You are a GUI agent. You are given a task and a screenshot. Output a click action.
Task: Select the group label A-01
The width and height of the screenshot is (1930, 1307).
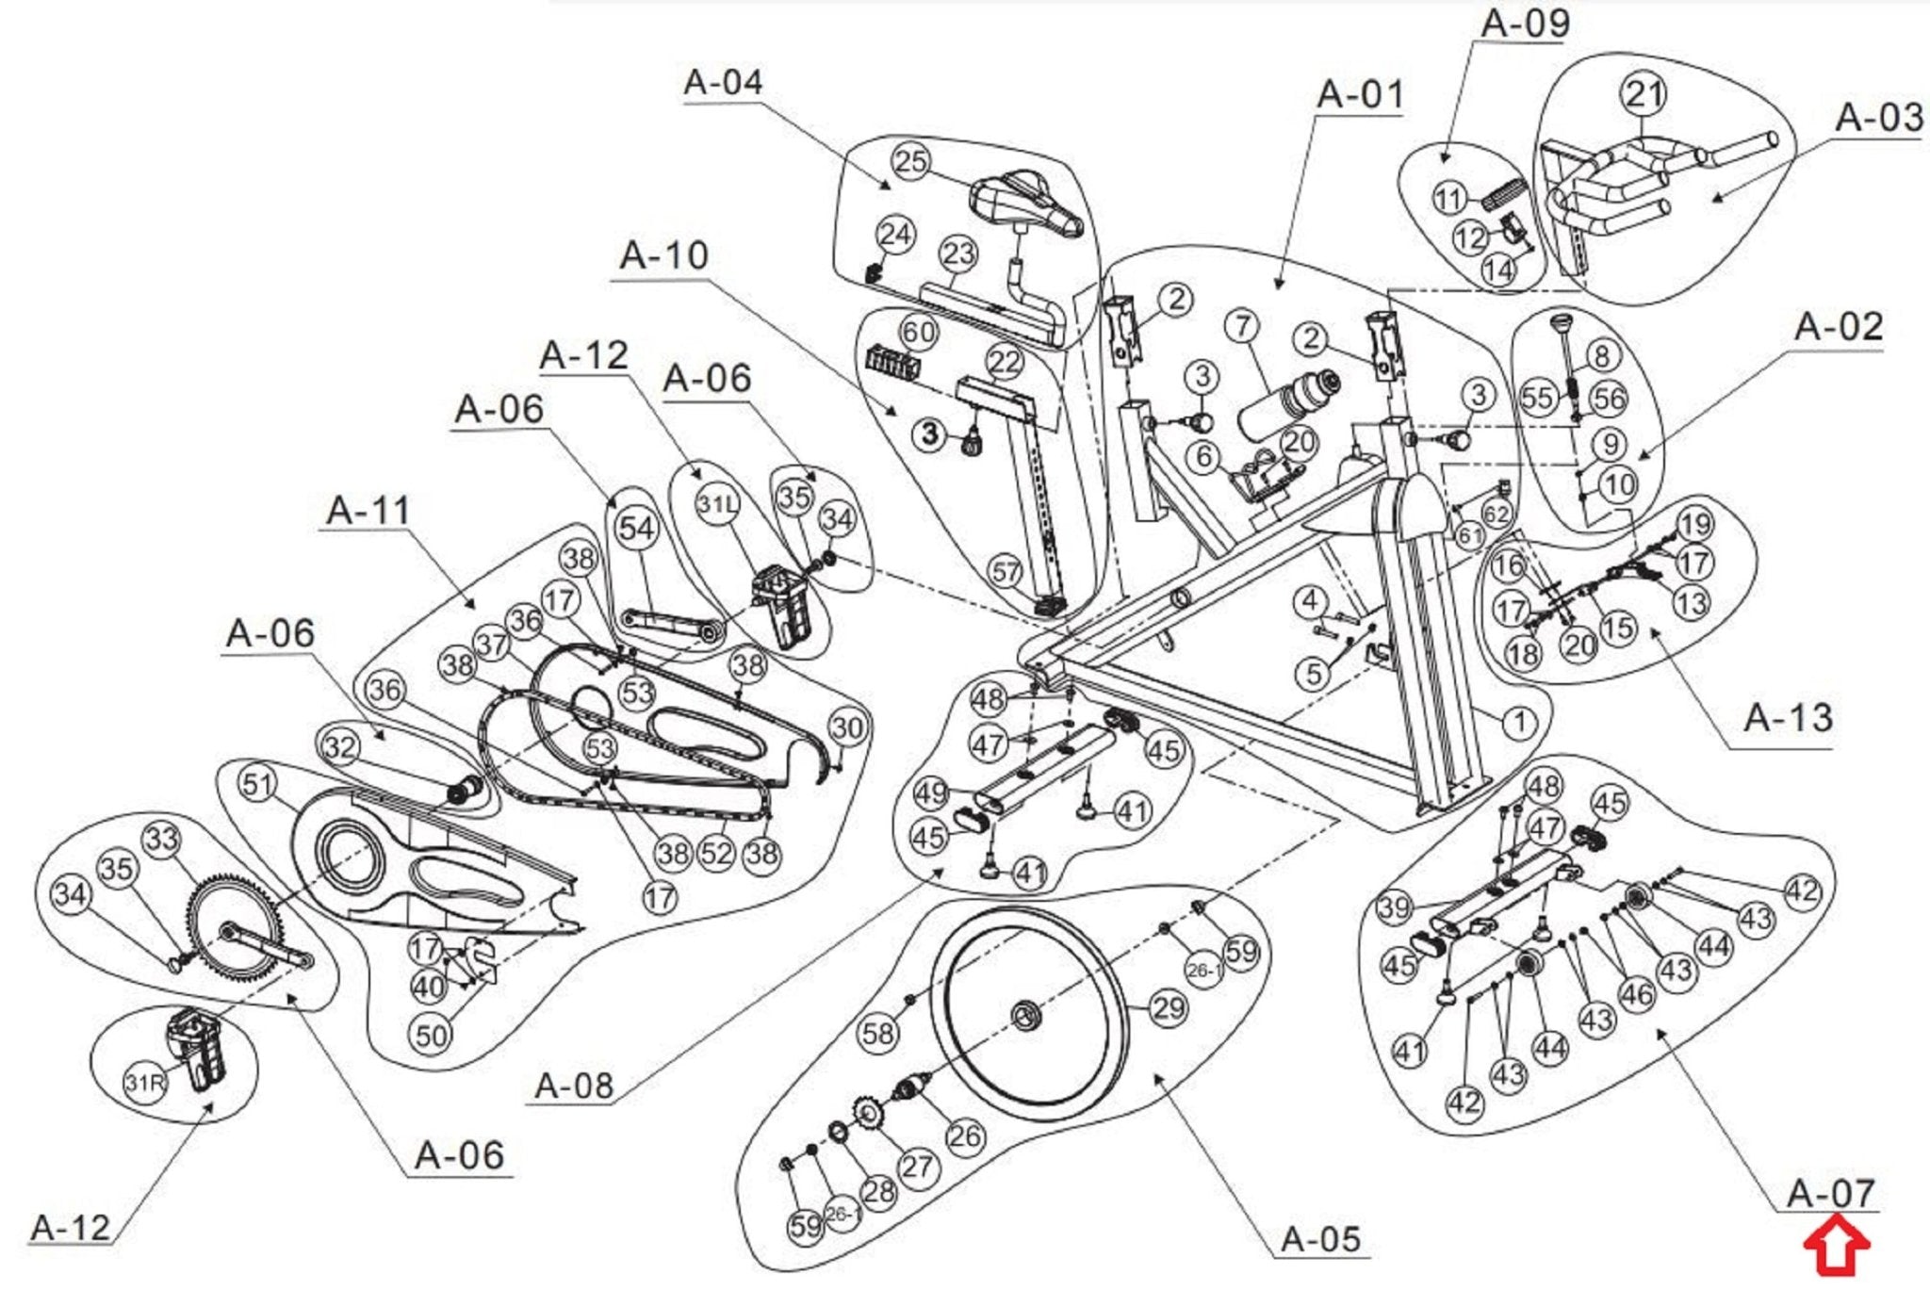[x=1360, y=94]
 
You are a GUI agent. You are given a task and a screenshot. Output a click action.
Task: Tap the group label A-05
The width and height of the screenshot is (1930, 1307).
[x=1321, y=1238]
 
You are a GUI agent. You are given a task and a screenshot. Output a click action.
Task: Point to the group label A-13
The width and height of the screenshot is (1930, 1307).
[x=1788, y=718]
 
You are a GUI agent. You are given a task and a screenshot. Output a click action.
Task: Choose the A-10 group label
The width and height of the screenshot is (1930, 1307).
[x=663, y=255]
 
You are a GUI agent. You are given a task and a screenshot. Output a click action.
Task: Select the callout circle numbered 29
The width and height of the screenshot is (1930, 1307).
[x=1169, y=1008]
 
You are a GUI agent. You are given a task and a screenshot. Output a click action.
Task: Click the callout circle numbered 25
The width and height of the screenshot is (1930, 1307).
[x=910, y=161]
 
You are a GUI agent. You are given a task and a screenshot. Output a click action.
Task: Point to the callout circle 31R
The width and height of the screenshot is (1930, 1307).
[x=144, y=1083]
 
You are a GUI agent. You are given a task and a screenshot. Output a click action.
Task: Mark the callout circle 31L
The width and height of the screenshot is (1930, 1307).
[x=717, y=504]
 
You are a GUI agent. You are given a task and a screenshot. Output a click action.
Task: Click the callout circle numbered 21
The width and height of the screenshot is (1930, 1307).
[x=1644, y=94]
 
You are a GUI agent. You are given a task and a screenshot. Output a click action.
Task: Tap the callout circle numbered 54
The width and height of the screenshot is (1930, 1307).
[x=636, y=528]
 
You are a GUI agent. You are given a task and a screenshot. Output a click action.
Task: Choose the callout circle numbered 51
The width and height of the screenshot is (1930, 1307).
[x=257, y=783]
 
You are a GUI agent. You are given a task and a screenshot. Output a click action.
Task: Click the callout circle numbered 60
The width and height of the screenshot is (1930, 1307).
[x=918, y=332]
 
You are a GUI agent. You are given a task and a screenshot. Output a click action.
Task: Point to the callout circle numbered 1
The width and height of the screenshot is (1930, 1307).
[x=1518, y=724]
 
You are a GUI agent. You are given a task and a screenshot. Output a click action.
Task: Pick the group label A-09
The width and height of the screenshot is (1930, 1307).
[x=1525, y=24]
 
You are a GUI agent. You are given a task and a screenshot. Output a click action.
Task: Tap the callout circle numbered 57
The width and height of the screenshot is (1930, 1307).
[x=1006, y=571]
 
